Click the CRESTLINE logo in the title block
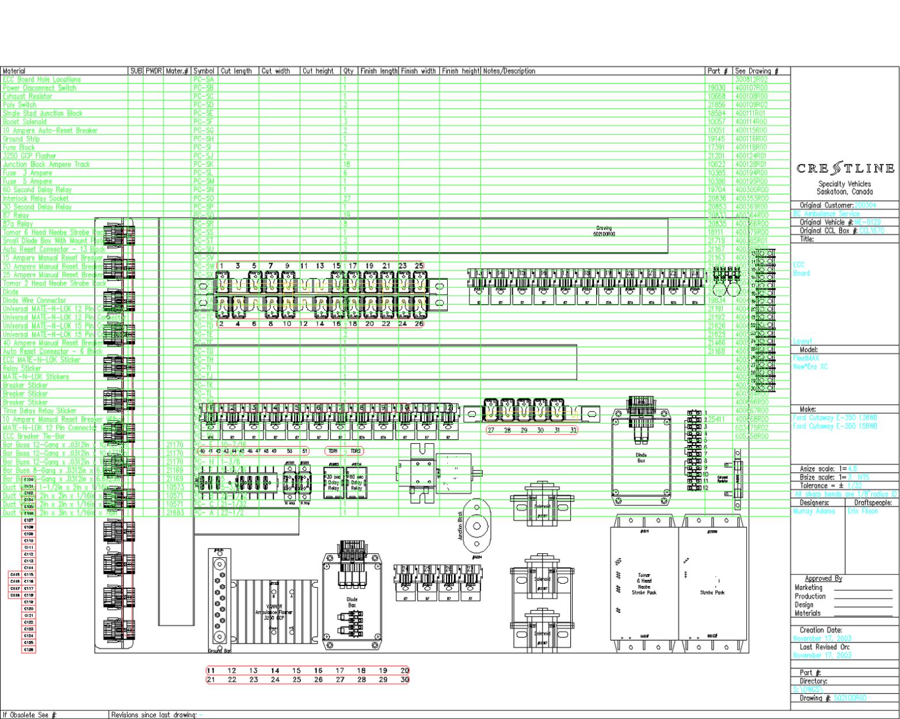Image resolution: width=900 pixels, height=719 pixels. (x=845, y=169)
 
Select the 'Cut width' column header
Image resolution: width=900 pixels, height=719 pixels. (x=276, y=71)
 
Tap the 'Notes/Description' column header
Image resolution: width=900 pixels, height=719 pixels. (x=509, y=71)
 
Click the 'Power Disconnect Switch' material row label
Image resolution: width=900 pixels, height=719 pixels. (x=39, y=88)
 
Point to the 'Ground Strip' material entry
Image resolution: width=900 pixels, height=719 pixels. (x=22, y=139)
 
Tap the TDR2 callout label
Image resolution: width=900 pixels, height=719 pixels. (x=355, y=451)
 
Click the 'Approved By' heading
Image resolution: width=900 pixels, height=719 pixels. (x=823, y=579)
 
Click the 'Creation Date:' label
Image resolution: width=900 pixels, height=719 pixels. (x=821, y=630)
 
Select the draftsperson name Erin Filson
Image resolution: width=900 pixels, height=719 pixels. (x=863, y=511)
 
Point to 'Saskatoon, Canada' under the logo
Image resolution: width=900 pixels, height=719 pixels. (x=844, y=192)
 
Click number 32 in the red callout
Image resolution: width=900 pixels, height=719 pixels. (x=573, y=430)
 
